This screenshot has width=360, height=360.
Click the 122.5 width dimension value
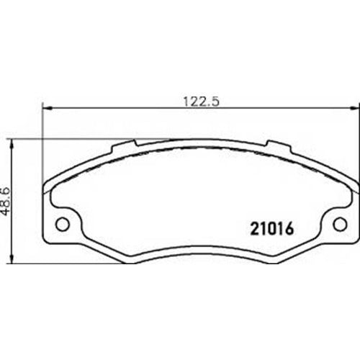202,101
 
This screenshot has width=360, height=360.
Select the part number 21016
272,228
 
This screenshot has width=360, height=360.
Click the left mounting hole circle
63,224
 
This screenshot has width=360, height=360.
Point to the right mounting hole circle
340,224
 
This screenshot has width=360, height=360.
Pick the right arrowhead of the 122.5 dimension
355,108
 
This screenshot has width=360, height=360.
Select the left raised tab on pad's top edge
124,146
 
